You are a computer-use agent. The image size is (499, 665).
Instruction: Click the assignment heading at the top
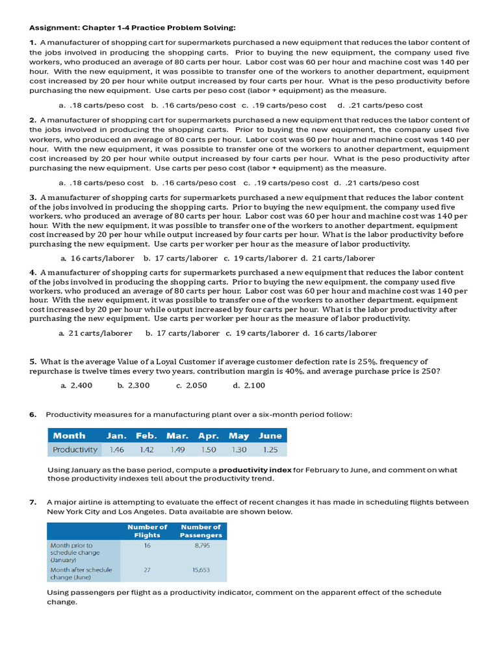pyautogui.click(x=133, y=27)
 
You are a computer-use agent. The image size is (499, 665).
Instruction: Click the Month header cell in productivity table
pyautogui.click(x=69, y=436)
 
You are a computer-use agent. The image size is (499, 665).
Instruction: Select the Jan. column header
pyautogui.click(x=116, y=436)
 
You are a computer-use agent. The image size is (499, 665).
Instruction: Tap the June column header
pyautogui.click(x=270, y=436)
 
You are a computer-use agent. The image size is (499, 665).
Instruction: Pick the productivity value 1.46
pyautogui.click(x=116, y=449)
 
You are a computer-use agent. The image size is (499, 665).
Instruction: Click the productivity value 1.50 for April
pyautogui.click(x=209, y=449)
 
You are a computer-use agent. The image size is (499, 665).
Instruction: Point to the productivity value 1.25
pyautogui.click(x=270, y=449)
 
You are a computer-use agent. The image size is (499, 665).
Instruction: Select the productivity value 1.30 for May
pyautogui.click(x=239, y=449)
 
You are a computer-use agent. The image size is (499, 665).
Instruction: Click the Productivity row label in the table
pyautogui.click(x=75, y=449)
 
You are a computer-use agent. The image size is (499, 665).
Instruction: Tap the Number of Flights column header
pyautogui.click(x=147, y=531)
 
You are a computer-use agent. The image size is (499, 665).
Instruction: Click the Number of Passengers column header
pyautogui.click(x=201, y=531)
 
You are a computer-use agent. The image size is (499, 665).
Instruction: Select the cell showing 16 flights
pyautogui.click(x=147, y=546)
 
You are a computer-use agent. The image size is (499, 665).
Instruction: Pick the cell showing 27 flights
pyautogui.click(x=147, y=570)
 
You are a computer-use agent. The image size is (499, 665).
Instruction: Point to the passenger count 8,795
pyautogui.click(x=201, y=546)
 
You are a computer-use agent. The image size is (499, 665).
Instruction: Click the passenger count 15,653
pyautogui.click(x=201, y=570)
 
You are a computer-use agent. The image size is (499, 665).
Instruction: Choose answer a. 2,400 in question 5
pyautogui.click(x=76, y=385)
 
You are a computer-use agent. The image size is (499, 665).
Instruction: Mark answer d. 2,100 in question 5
pyautogui.click(x=249, y=385)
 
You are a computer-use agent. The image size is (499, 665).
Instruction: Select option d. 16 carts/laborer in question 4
pyautogui.click(x=339, y=333)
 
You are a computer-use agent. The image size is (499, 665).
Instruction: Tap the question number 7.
pyautogui.click(x=32, y=502)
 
